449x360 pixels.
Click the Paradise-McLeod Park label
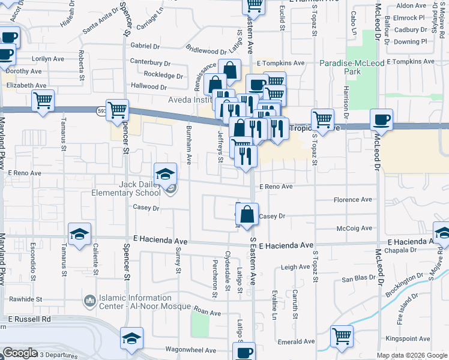point(340,67)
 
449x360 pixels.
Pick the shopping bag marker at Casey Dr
point(247,214)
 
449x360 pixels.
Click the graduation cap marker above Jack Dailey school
point(166,174)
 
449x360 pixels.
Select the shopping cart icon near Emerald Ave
point(342,337)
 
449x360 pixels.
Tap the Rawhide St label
point(25,298)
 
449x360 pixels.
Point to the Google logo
point(20,353)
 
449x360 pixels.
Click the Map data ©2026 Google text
point(412,355)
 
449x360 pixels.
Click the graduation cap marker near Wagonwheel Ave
point(131,339)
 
